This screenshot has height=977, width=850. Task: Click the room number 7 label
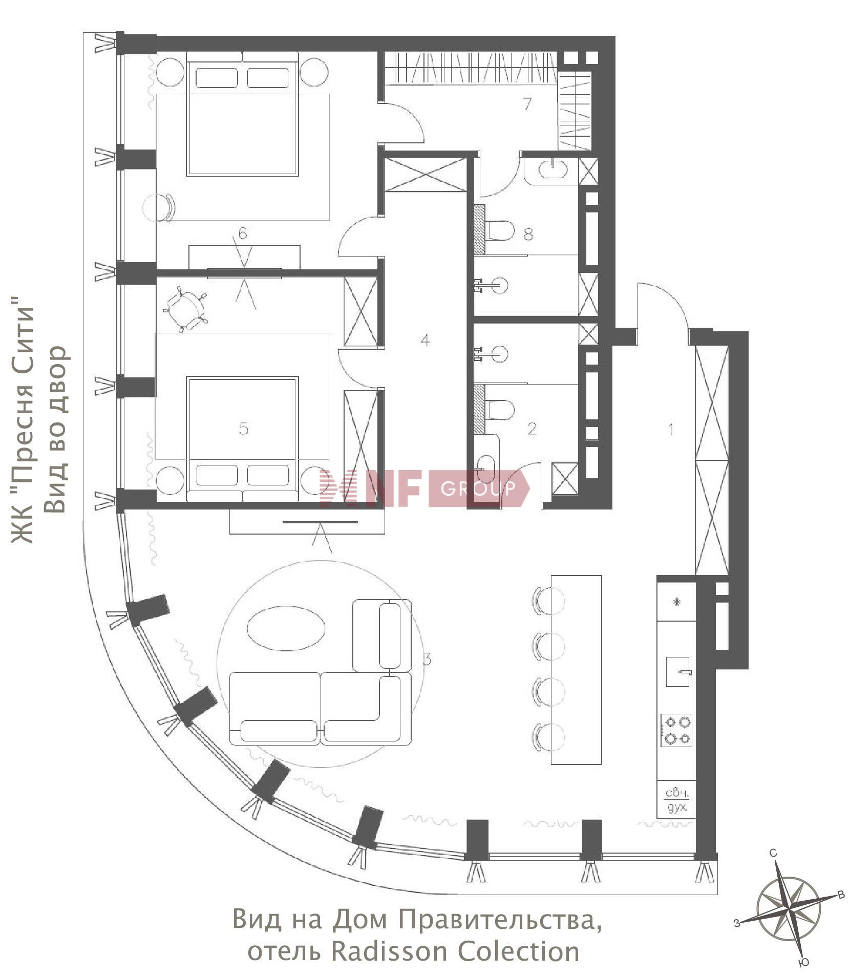(527, 104)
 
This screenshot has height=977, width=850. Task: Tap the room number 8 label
(528, 234)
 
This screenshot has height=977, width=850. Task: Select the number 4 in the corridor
(425, 340)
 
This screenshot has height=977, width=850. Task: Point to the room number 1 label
(671, 429)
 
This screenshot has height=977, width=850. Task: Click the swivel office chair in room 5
(185, 309)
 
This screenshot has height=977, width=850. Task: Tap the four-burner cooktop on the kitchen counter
(676, 730)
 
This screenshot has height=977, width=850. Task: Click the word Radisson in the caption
(391, 951)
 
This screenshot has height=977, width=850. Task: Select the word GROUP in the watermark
(478, 489)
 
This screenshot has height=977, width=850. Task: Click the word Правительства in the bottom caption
(500, 920)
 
